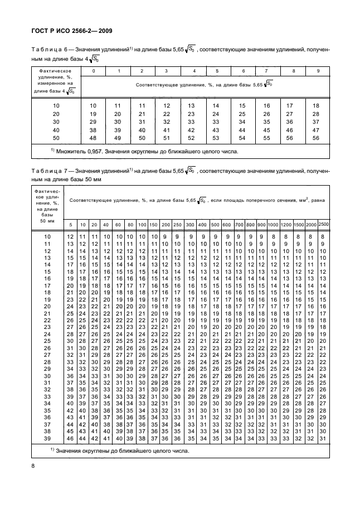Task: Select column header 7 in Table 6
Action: point(266,71)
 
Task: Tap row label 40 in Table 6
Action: point(56,129)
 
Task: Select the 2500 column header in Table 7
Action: point(324,223)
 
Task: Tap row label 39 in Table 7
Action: point(47,439)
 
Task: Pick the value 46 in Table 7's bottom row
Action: point(70,439)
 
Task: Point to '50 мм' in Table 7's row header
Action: point(47,221)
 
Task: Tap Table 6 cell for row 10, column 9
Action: point(317,105)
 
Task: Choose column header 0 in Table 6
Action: point(93,71)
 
